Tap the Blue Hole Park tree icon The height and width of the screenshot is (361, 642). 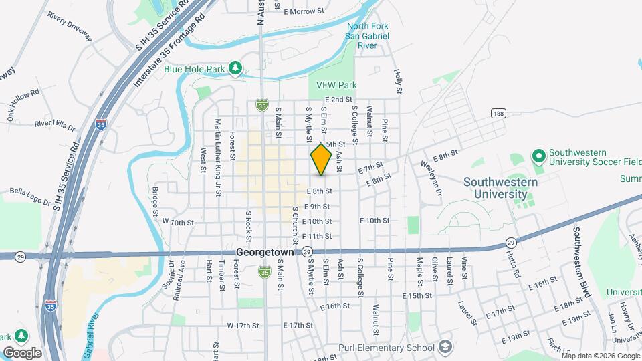point(235,68)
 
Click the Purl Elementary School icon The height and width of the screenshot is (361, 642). point(445,347)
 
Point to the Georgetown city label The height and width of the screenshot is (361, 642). point(266,252)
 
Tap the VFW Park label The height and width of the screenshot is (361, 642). point(332,85)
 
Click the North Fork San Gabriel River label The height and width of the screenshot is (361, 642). point(367,35)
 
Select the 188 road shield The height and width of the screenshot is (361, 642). point(497,114)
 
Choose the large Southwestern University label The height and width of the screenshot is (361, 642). point(496,188)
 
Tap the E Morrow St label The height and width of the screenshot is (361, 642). point(304,12)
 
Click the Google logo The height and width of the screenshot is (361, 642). point(22,352)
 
